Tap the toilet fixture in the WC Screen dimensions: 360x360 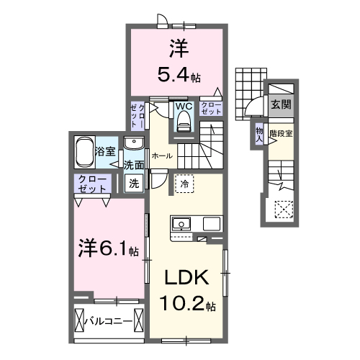coord(183,123)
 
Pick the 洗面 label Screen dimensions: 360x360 coord(134,165)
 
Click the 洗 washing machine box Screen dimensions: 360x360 coord(134,183)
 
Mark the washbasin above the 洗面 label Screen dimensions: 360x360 coord(135,144)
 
